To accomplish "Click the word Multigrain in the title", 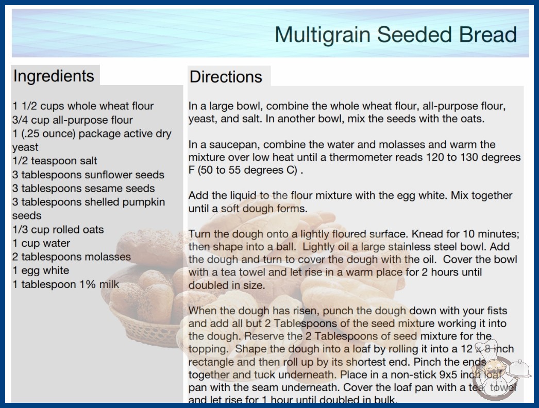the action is pos(323,35).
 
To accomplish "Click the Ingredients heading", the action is pos(54,76).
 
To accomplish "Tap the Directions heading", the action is pos(226,77).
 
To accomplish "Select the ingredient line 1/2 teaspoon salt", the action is pos(55,161).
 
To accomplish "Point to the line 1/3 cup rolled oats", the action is pos(58,229).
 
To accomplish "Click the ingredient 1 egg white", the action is pos(41,270).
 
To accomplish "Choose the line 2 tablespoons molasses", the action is pos(72,257).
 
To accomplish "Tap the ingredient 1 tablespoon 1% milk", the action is pos(65,284).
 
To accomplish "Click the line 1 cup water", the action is pos(41,243).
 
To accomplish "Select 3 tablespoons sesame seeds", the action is pos(83,189).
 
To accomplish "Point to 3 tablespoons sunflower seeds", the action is pos(88,175).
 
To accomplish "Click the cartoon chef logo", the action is pos(498,371).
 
